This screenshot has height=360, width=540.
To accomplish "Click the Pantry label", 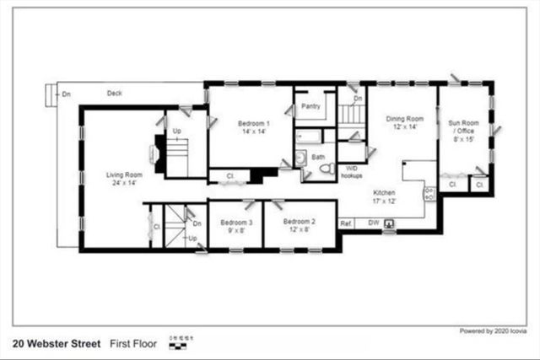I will [310, 108].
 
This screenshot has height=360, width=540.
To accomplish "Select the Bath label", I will [318, 157].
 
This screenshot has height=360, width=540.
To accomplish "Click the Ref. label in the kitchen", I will [346, 223].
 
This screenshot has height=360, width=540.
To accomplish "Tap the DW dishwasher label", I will [373, 223].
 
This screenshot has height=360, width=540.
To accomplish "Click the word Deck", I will [115, 93].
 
